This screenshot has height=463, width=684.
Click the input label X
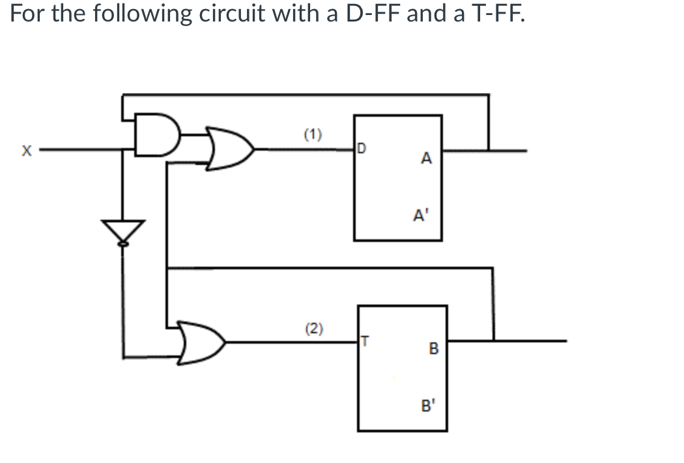26,151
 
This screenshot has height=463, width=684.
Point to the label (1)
313,136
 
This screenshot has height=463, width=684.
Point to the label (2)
314,328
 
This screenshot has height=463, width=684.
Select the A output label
426,158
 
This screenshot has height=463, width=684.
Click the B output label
433,350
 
